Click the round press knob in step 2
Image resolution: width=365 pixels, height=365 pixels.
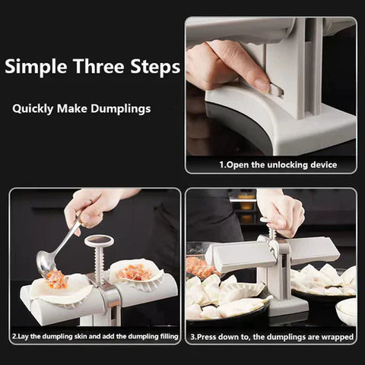(x=99, y=241)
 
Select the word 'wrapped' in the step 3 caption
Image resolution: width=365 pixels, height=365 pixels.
(x=337, y=335)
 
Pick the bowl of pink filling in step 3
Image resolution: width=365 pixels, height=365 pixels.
(x=199, y=267)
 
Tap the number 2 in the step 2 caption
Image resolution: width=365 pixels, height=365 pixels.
(x=14, y=335)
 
